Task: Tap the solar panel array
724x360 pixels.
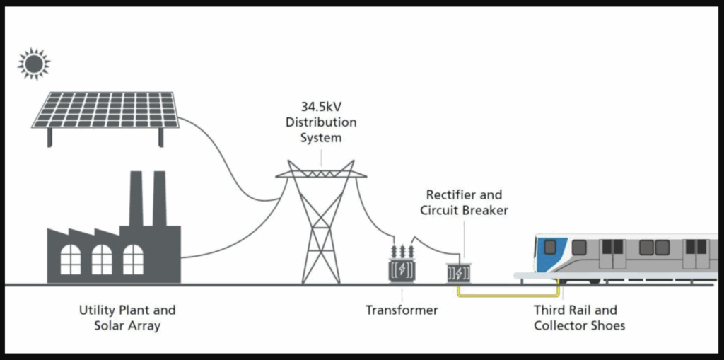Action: tap(105, 109)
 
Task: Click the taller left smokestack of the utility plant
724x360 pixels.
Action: tap(135, 199)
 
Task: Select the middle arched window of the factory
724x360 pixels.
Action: tap(102, 259)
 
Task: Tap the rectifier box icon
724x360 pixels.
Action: tap(459, 272)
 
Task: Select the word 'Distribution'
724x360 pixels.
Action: tap(321, 122)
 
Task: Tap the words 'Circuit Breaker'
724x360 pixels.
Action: tap(464, 210)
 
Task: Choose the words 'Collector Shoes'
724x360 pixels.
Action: tap(579, 325)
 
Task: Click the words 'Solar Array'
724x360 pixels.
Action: tap(127, 325)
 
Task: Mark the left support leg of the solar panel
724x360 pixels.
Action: tap(49, 137)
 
